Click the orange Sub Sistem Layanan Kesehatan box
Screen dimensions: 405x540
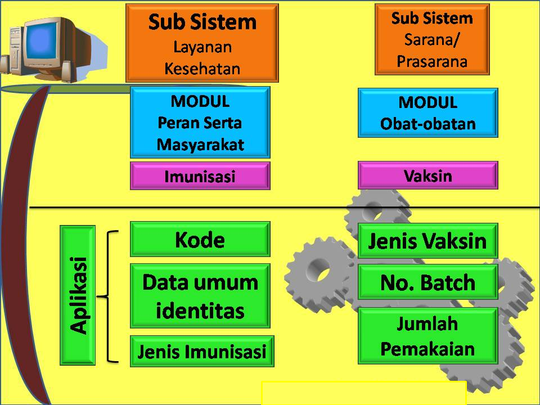click(202, 43)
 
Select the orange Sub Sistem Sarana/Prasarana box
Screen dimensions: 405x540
click(432, 39)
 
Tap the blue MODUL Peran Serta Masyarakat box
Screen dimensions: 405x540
click(200, 122)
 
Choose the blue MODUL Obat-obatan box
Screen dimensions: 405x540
click(427, 112)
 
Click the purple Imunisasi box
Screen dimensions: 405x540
click(200, 176)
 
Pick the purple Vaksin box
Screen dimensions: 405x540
click(427, 175)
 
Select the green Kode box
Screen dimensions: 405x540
click(200, 240)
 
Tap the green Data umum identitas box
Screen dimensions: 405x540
click(200, 296)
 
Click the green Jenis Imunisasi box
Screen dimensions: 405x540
click(201, 352)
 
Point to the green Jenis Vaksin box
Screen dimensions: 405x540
click(427, 241)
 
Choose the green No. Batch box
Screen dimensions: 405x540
click(427, 282)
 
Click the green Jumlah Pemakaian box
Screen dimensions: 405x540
click(427, 336)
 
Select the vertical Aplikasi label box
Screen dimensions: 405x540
click(78, 295)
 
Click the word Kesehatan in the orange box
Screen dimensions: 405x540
click(202, 69)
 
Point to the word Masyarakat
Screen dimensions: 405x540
click(200, 145)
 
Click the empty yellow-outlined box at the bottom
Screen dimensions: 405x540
click(363, 393)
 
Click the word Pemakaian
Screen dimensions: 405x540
click(427, 349)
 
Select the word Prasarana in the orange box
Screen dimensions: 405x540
click(432, 61)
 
